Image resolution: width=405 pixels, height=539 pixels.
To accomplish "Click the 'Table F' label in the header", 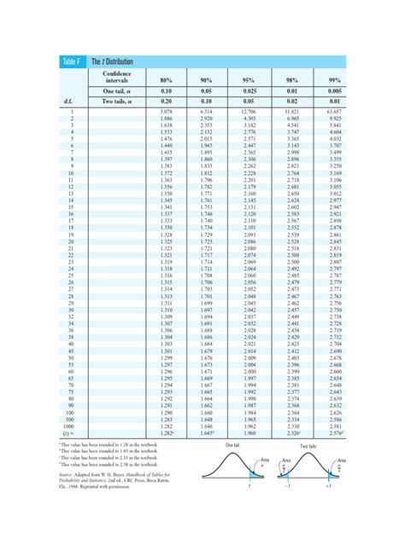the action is (x=71, y=61).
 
